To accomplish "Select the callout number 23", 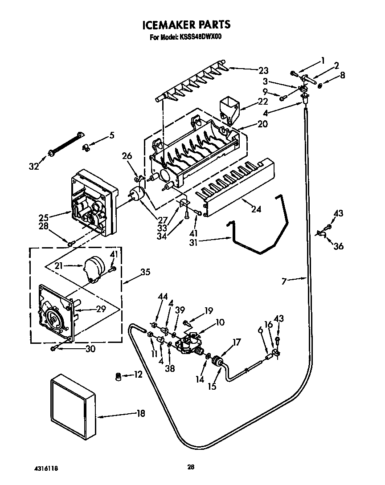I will pos(263,69).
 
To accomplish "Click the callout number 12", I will pos(138,375).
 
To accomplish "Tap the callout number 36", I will pos(339,246).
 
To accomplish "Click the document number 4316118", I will pos(46,469).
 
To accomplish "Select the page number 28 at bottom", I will pos(191,467).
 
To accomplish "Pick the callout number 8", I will pos(342,75).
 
